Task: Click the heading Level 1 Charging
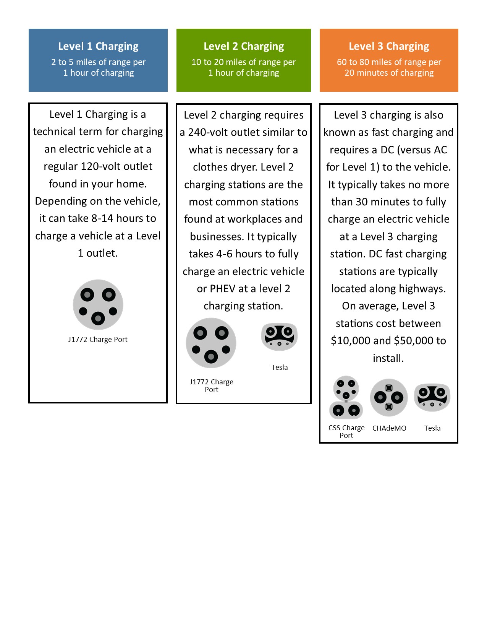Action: click(x=98, y=46)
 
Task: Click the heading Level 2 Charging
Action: click(x=244, y=46)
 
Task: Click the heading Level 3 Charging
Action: click(x=389, y=46)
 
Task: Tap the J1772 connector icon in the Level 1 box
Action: click(x=98, y=305)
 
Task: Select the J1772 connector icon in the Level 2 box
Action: click(x=211, y=343)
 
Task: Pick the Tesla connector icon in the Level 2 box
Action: click(x=279, y=337)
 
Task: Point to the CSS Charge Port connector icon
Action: click(x=346, y=398)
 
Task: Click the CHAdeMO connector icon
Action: click(x=389, y=398)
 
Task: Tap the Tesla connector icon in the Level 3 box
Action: click(x=432, y=397)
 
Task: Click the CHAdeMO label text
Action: click(x=389, y=428)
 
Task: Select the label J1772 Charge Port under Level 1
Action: click(x=98, y=340)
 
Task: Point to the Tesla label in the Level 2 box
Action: click(x=280, y=368)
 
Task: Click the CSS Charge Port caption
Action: click(x=346, y=432)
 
